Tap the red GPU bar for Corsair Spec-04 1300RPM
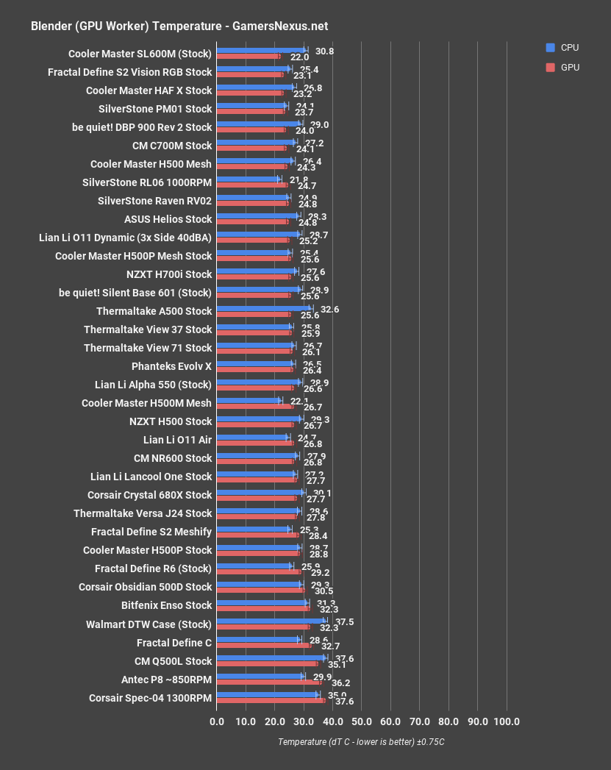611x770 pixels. (x=271, y=700)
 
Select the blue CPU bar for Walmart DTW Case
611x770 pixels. (x=271, y=621)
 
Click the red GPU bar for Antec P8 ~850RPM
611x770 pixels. (x=268, y=682)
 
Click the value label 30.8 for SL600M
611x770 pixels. (x=324, y=51)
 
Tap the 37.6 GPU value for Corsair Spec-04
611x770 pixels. (x=344, y=702)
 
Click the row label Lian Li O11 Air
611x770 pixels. (x=177, y=440)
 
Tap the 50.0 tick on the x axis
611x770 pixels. (x=362, y=721)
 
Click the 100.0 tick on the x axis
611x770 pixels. (x=507, y=721)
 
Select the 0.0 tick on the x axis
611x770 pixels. (x=217, y=721)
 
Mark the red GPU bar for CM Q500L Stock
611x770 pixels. (x=268, y=663)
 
